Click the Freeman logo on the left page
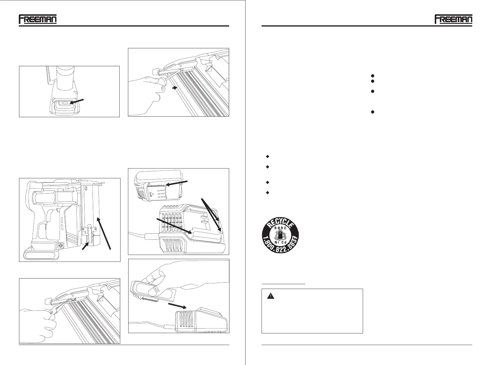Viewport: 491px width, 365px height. click(x=38, y=19)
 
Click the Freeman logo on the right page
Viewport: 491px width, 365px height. click(x=453, y=19)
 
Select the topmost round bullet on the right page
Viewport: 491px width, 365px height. click(x=372, y=76)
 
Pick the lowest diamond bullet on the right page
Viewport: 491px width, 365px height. click(x=267, y=193)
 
